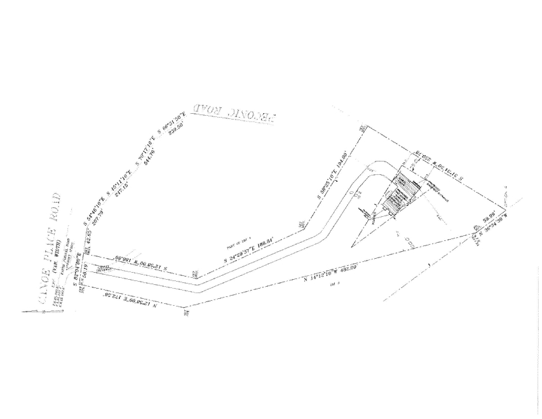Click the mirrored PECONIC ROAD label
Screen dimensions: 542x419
[x=234, y=111]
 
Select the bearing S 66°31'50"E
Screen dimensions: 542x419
[x=171, y=125]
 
